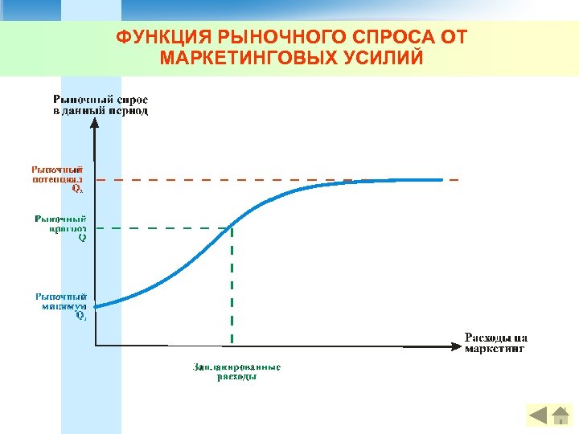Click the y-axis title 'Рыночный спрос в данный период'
pyautogui.click(x=101, y=104)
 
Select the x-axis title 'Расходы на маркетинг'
pyautogui.click(x=496, y=342)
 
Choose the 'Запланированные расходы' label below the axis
pyautogui.click(x=236, y=372)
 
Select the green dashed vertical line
pyautogui.click(x=232, y=289)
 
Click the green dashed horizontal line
pyautogui.click(x=161, y=228)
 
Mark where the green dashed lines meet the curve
pyautogui.click(x=232, y=228)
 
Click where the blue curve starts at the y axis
pyautogui.click(x=96, y=305)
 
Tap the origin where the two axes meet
pyautogui.click(x=95, y=346)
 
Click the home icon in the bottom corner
pyautogui.click(x=561, y=416)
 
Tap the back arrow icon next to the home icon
pyautogui.click(x=538, y=416)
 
